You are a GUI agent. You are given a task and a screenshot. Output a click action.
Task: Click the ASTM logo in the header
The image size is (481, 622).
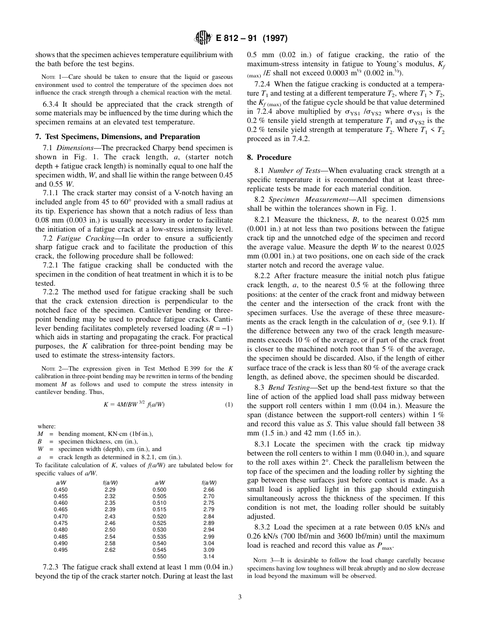[x=201, y=37]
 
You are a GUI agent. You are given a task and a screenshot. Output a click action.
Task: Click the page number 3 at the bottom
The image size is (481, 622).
[x=240, y=597]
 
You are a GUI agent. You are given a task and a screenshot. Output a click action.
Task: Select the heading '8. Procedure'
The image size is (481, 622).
[x=269, y=157]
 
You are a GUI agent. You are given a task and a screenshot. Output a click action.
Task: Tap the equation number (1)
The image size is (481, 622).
[x=228, y=404]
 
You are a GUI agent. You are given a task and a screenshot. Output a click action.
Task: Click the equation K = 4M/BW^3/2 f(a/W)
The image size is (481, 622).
[x=134, y=404]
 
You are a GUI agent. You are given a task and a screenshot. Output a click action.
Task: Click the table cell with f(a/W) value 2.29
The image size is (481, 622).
[x=110, y=490]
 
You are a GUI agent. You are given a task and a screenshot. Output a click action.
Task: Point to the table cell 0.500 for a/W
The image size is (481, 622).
[x=159, y=490]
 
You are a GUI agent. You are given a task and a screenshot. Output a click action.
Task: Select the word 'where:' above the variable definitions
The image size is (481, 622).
[x=47, y=426]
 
